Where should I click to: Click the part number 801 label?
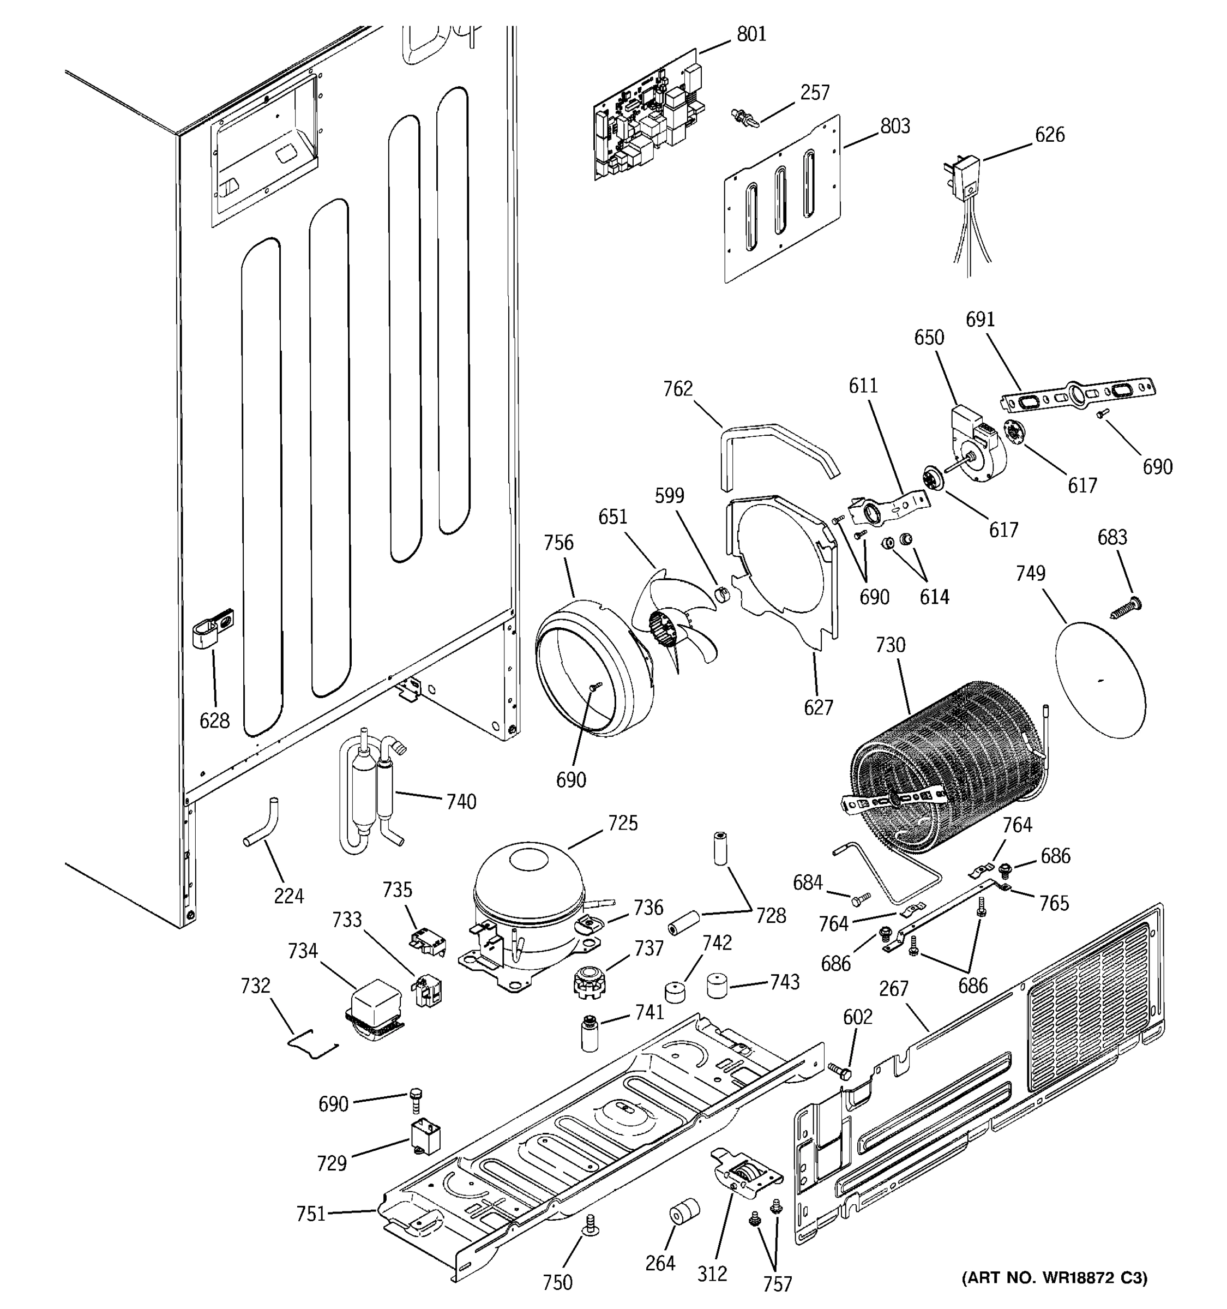click(751, 34)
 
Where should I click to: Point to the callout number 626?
click(1049, 134)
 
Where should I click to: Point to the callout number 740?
click(461, 801)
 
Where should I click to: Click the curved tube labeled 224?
click(263, 823)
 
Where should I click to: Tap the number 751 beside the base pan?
click(311, 1213)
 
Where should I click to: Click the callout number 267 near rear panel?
click(893, 1007)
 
